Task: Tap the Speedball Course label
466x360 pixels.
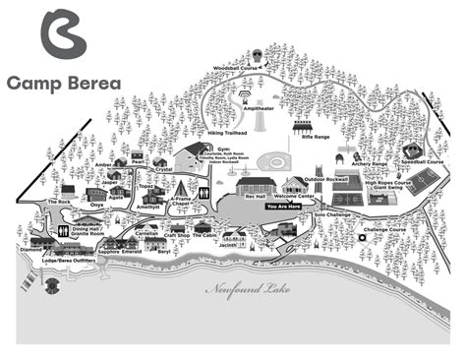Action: pyautogui.click(x=424, y=161)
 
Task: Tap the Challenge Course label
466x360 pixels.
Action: pyautogui.click(x=384, y=230)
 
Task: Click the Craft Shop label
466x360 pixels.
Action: pyautogui.click(x=176, y=235)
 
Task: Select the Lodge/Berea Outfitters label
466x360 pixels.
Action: pyautogui.click(x=69, y=261)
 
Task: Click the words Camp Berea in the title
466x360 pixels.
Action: pyautogui.click(x=64, y=83)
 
